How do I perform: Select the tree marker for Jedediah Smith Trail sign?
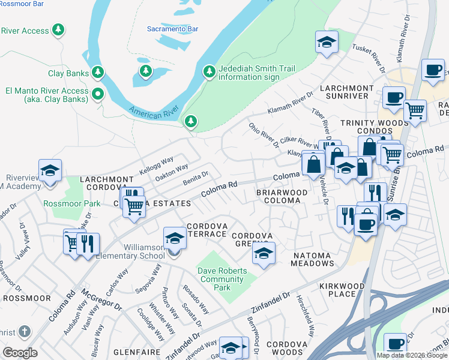coord(209,72)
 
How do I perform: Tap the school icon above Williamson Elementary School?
coord(175,238)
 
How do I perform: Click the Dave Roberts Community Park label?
coord(223,279)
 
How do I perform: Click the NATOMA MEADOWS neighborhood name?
coord(312,260)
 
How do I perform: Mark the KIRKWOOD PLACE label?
coord(342,290)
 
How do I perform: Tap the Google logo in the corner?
coord(20,352)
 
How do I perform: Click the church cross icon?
coord(23,331)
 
